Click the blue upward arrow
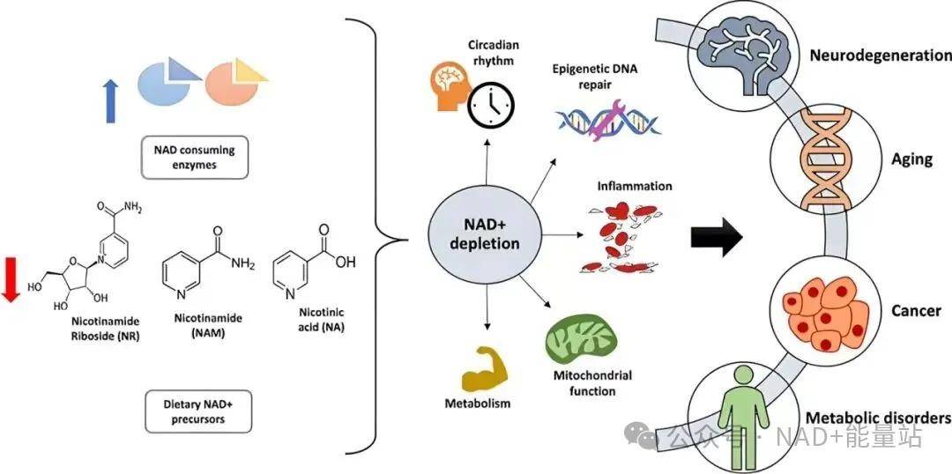pos(110,101)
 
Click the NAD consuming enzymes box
pos(195,157)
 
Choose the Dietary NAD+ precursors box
pos(198,411)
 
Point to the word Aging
pos(912,159)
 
